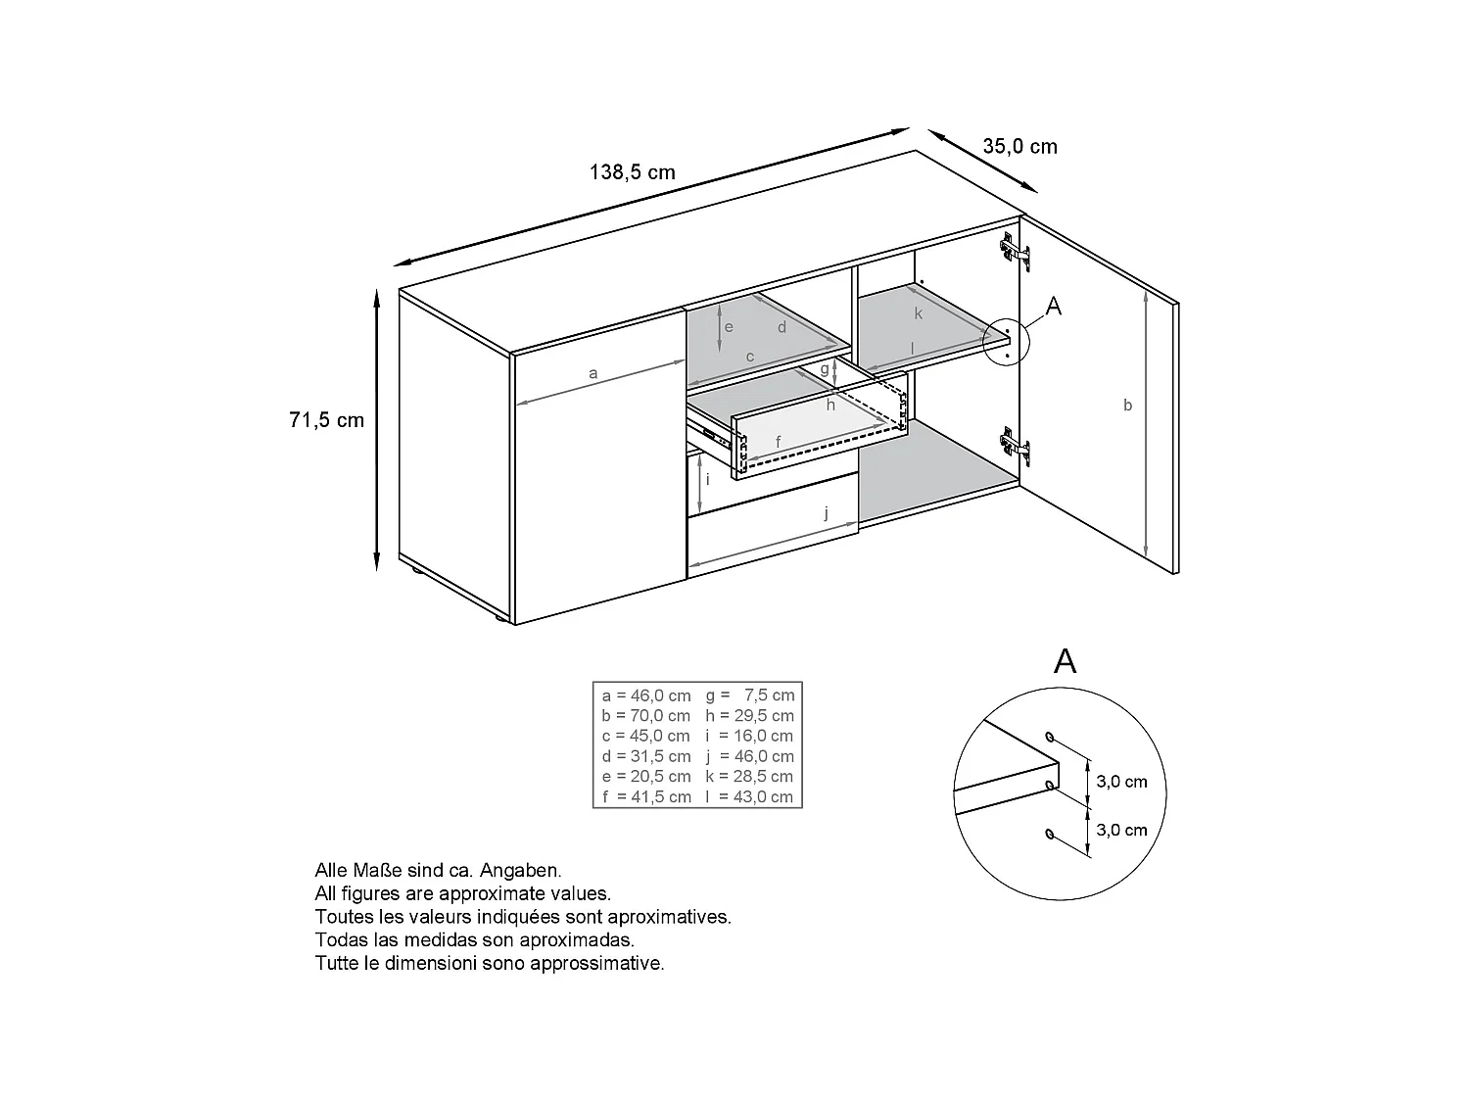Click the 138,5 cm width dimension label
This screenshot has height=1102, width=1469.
(x=632, y=172)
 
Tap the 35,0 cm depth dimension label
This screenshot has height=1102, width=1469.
(x=1019, y=147)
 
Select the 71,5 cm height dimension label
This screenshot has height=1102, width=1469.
(x=326, y=420)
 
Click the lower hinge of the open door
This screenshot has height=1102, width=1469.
(x=1016, y=447)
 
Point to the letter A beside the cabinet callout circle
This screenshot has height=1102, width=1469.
(x=1054, y=307)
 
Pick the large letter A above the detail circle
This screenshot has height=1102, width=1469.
(x=1065, y=661)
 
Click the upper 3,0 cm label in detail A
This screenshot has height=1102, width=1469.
(x=1121, y=782)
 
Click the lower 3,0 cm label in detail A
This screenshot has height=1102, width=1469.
(x=1121, y=830)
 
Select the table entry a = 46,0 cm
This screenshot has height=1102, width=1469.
(x=646, y=695)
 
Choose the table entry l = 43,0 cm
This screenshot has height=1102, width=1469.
(x=749, y=797)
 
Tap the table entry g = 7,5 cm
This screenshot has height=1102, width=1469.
(x=749, y=695)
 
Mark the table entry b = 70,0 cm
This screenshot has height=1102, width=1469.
(x=646, y=716)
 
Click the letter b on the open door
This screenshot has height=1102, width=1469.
(x=1127, y=405)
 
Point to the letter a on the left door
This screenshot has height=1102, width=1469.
(x=592, y=373)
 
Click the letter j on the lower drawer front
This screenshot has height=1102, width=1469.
(x=826, y=512)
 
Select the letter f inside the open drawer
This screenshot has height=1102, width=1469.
(x=779, y=443)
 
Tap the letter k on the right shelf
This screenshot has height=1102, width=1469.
(x=919, y=313)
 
